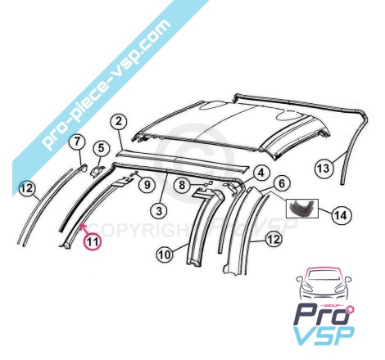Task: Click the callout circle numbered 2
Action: [119, 122]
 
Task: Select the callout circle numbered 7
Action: [78, 142]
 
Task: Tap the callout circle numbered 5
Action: [101, 149]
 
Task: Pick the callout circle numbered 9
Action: [147, 185]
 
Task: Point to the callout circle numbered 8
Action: [183, 186]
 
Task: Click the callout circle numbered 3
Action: [160, 210]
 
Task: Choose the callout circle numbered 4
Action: [261, 173]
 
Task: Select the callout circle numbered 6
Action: [282, 183]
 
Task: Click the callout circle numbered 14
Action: [342, 215]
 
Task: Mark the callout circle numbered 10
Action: [165, 255]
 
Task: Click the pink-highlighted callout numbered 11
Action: [93, 241]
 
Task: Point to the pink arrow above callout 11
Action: [84, 229]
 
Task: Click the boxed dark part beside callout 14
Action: [302, 209]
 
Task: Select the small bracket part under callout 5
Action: [97, 171]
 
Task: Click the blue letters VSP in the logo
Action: [324, 336]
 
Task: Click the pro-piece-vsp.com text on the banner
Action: [107, 84]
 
